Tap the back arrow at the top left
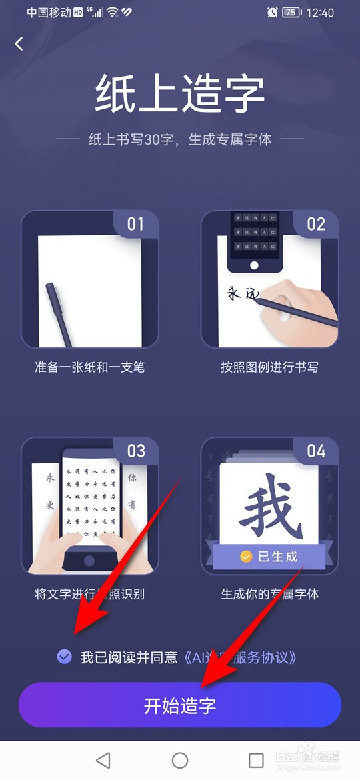point(19,44)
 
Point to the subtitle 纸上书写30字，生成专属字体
point(180,140)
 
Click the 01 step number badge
point(135,223)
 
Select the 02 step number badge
point(315,223)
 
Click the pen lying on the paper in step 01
point(58,313)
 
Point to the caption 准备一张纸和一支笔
point(90,367)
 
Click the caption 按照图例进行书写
point(269,367)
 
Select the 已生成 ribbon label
point(269,556)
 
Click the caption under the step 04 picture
point(269,594)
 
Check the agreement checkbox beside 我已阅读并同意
point(65,657)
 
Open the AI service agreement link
point(239,657)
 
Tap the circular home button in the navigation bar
point(180,760)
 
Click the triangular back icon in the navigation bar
point(103,760)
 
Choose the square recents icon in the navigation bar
point(256,760)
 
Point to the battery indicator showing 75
point(289,13)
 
